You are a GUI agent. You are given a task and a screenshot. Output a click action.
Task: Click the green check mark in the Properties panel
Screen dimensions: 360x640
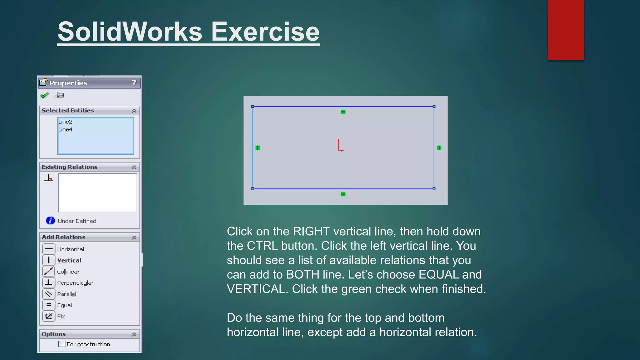(44, 95)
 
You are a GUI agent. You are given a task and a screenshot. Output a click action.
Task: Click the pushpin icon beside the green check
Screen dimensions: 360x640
(59, 95)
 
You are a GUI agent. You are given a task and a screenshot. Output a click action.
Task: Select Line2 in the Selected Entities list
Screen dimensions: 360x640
(65, 122)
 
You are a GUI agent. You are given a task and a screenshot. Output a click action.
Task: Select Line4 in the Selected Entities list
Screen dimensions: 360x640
(65, 130)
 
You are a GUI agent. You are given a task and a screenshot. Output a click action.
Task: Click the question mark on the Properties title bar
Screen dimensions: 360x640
(134, 82)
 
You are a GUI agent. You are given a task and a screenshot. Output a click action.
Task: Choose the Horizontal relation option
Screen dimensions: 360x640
(70, 249)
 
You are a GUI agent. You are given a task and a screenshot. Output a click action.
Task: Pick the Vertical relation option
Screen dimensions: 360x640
(69, 260)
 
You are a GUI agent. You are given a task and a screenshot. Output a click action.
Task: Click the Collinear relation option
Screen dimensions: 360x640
(68, 272)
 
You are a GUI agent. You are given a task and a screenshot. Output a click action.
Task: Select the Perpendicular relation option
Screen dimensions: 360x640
(75, 283)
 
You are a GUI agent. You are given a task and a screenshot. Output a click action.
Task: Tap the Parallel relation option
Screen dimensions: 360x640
(67, 294)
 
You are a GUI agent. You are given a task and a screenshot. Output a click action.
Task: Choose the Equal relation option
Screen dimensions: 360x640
(64, 305)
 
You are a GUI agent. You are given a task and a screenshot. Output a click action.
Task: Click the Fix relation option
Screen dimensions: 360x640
(61, 317)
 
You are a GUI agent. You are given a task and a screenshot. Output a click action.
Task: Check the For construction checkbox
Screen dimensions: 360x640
(62, 344)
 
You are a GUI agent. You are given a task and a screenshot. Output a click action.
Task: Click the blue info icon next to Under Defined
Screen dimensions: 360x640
(50, 221)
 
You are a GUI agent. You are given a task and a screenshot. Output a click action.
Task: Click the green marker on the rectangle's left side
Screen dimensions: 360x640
(258, 148)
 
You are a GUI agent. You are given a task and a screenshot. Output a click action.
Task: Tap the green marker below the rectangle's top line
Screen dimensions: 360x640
(343, 112)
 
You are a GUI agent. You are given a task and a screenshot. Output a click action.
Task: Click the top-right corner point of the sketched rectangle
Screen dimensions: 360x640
(434, 107)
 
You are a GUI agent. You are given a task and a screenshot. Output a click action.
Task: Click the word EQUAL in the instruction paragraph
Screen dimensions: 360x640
(438, 274)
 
